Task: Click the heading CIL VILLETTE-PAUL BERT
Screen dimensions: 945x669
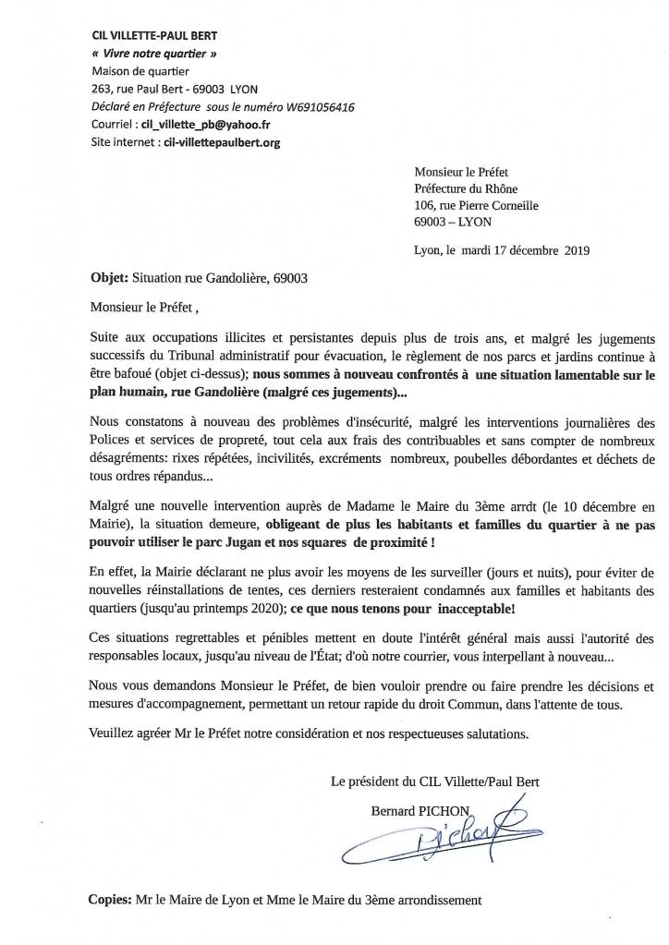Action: pyautogui.click(x=155, y=35)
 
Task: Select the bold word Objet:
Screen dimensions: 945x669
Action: pyautogui.click(x=110, y=277)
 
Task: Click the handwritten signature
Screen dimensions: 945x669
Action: pyautogui.click(x=435, y=832)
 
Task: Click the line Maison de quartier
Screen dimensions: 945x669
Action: pyautogui.click(x=140, y=70)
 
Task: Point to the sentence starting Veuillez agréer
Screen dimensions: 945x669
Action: pyautogui.click(x=310, y=734)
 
